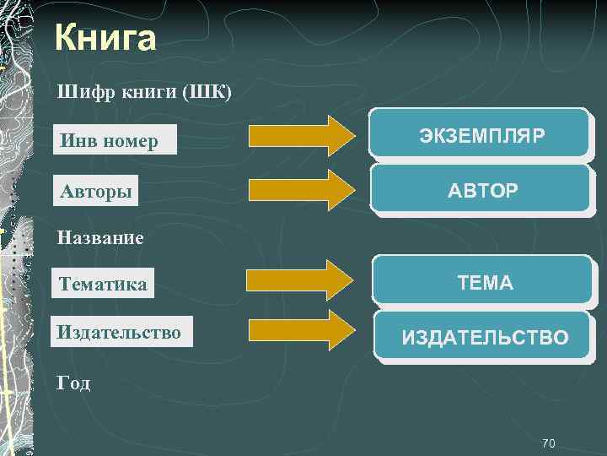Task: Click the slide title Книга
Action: (x=105, y=38)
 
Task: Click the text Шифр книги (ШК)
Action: (x=143, y=91)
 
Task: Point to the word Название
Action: (x=100, y=238)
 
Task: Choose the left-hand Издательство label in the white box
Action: (x=121, y=332)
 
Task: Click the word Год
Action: (x=73, y=383)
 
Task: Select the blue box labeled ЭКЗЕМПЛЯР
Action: (x=481, y=134)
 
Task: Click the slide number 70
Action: (x=548, y=443)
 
